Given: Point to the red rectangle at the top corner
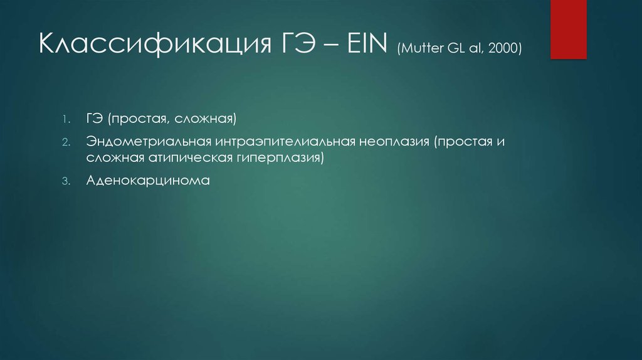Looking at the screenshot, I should coord(568,29).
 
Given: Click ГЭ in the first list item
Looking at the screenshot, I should coord(95,119).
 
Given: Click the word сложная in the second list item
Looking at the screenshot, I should coord(117,157).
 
